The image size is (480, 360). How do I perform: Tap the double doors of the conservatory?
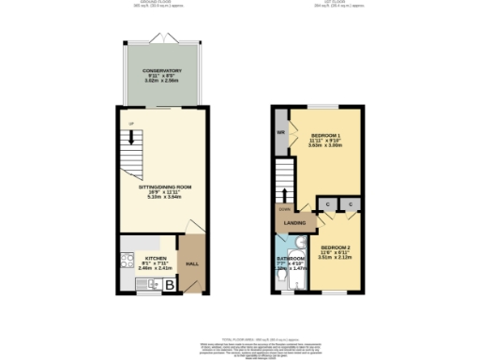coord(162,42)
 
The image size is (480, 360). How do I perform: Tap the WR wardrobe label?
coord(280,132)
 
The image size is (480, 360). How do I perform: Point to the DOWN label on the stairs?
coord(284,210)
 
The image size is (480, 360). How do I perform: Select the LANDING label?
coord(293,223)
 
